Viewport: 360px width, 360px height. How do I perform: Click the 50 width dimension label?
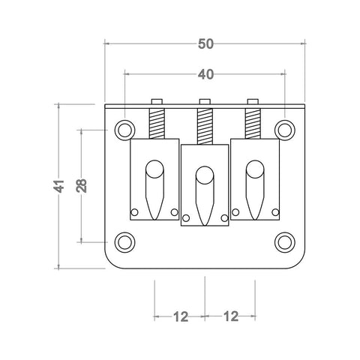tap(205, 44)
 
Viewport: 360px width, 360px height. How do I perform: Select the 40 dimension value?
tap(205, 75)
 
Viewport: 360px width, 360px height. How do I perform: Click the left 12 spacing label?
tap(180, 316)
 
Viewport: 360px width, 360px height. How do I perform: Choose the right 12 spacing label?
tap(230, 316)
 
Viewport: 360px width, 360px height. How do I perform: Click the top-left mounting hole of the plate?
tap(125, 129)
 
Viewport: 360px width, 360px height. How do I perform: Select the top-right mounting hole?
tap(284, 129)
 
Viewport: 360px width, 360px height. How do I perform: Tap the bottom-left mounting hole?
tap(125, 241)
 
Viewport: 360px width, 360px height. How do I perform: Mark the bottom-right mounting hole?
tap(284, 241)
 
